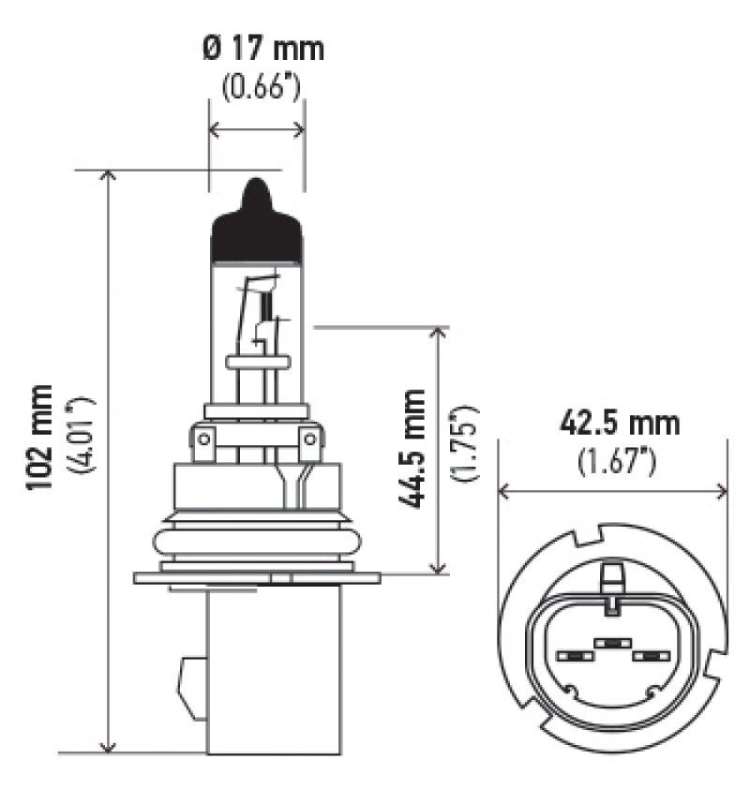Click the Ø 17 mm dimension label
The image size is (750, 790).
[x=263, y=48]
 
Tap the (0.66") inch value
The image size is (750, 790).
[x=262, y=88]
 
